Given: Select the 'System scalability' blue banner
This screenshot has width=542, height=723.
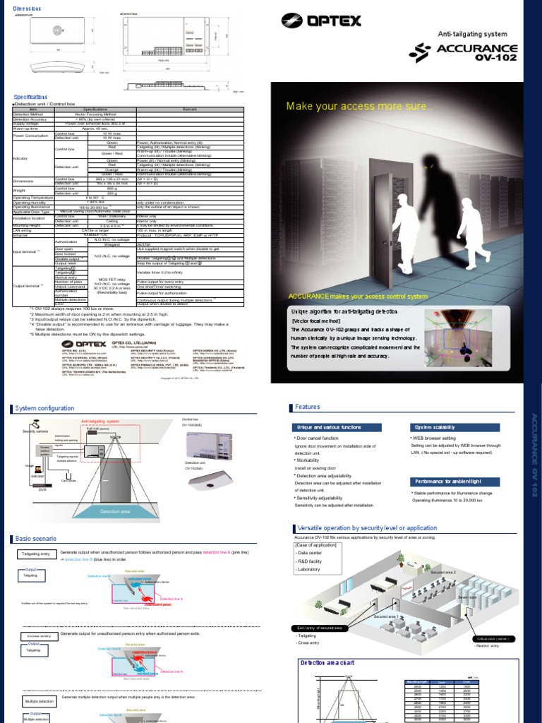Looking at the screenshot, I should pos(436,428).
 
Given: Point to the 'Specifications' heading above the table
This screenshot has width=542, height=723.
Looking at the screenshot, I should pos(32,97).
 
